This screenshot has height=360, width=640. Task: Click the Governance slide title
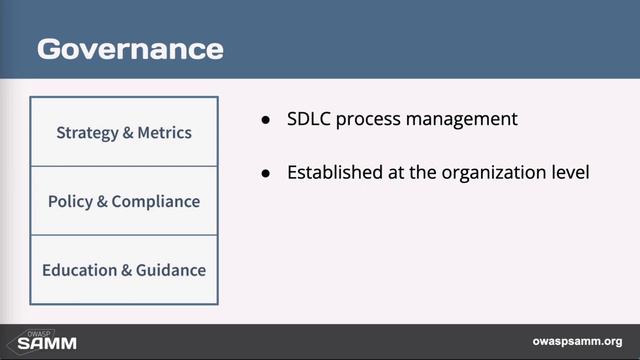click(x=130, y=48)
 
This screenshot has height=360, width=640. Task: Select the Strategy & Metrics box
click(x=124, y=132)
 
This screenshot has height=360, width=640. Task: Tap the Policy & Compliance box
click(x=124, y=201)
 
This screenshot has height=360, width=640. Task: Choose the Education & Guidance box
click(x=124, y=270)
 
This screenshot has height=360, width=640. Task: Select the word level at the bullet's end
click(x=568, y=172)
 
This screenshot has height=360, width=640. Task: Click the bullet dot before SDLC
click(x=266, y=120)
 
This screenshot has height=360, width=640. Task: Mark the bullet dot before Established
click(x=266, y=173)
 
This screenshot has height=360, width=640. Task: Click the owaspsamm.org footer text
click(x=578, y=341)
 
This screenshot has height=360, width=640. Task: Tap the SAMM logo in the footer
click(x=47, y=341)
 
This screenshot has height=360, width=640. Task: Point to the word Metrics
click(x=164, y=132)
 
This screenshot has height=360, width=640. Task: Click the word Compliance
click(x=156, y=201)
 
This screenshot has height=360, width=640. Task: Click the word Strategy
click(x=86, y=132)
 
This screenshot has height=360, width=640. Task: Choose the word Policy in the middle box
click(x=70, y=201)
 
